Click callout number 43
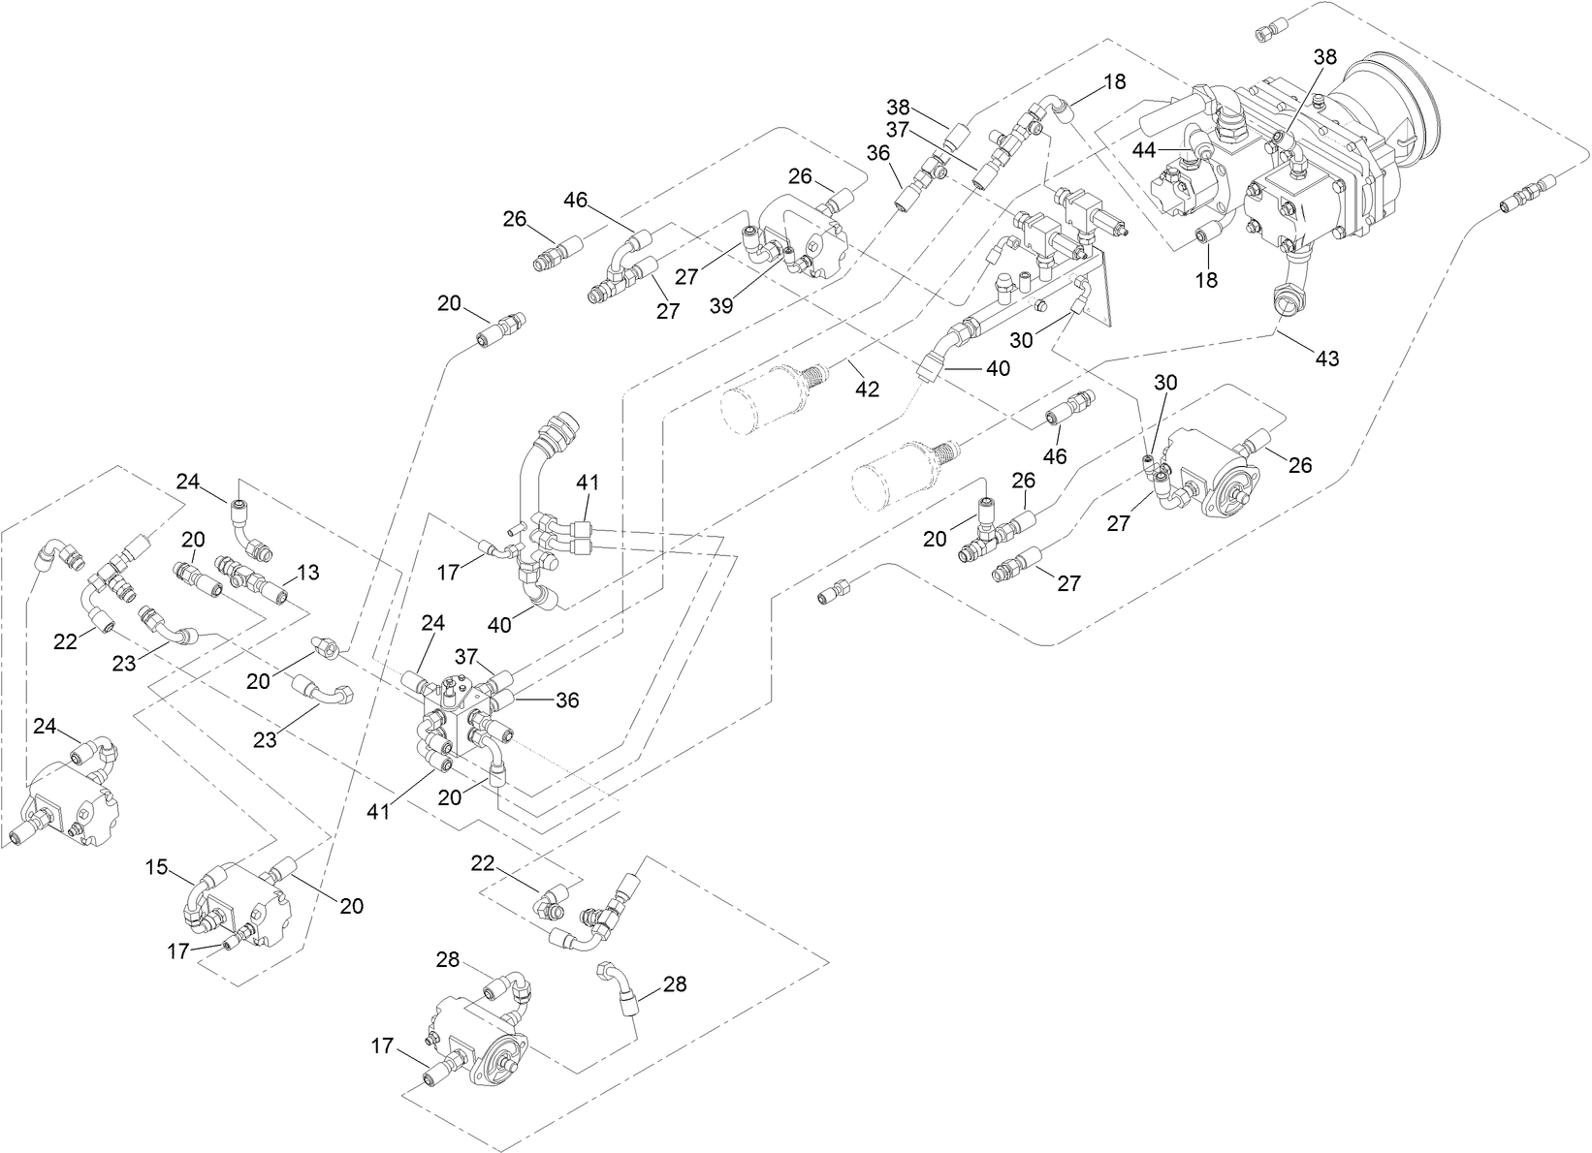pos(1326,358)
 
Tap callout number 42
pos(867,389)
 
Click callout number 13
pos(307,573)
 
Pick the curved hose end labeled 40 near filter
pos(932,366)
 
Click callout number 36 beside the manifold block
pos(567,700)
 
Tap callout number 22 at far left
pos(65,642)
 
